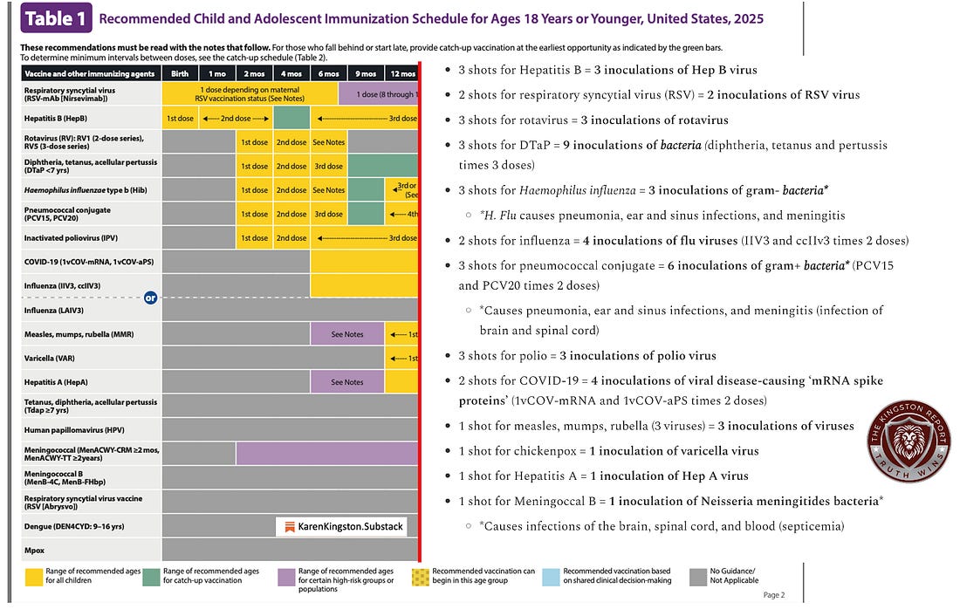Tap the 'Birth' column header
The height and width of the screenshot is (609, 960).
tap(180, 74)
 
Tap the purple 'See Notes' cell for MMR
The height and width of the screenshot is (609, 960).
tap(347, 334)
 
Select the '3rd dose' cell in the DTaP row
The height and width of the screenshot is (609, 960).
tap(328, 166)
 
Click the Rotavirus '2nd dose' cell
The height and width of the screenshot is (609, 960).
tap(291, 142)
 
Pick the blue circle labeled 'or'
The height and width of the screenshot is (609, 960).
tap(150, 298)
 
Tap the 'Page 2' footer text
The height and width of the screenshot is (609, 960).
tap(773, 595)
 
